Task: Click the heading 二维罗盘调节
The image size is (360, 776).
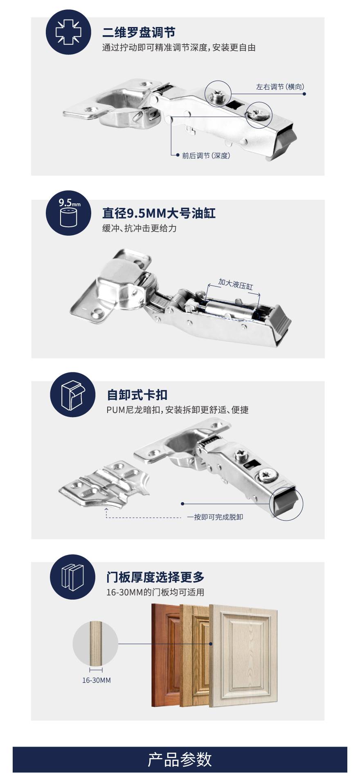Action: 139,32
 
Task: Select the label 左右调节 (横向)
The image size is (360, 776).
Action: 280,87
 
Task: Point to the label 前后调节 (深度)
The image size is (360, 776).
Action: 206,156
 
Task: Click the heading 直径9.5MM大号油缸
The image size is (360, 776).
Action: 159,213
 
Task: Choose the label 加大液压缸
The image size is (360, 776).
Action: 235,284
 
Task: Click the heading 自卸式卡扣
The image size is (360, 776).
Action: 137,395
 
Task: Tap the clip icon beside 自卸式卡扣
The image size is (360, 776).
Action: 72,395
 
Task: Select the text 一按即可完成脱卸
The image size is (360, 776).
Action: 215,517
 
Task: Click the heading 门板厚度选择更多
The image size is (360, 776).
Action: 155,577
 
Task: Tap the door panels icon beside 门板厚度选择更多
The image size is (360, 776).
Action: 72,577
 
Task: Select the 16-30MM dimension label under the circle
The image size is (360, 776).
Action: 97,680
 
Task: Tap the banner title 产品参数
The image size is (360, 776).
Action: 180,759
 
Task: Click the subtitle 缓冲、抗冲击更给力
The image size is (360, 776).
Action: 139,228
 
